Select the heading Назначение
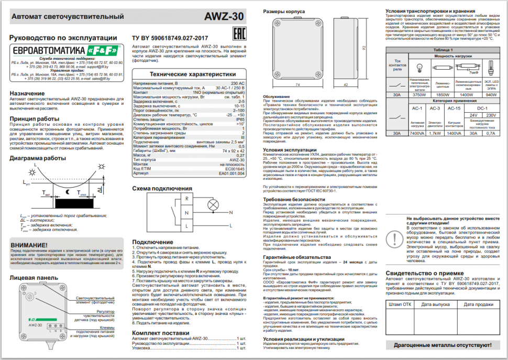coord(31,93)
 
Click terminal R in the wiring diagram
coord(186,199)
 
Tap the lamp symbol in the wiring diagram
coord(213,204)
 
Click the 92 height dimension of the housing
coord(363,48)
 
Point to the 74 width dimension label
coord(297,84)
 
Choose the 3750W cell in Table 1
coord(418,95)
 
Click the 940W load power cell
coord(491,95)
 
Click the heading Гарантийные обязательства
coord(296,257)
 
